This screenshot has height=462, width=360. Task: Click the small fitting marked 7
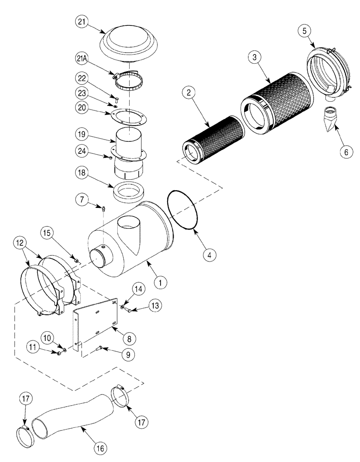click(x=104, y=210)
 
